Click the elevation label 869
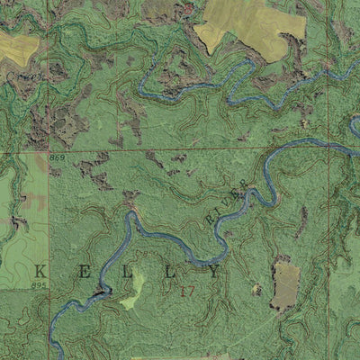(58, 158)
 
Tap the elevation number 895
(37, 285)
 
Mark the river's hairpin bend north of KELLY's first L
(130, 216)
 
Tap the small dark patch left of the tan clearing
(256, 290)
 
